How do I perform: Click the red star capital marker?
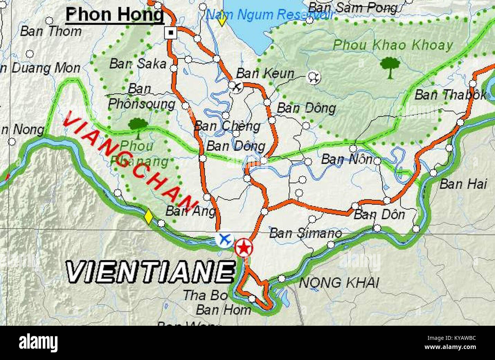(243, 248)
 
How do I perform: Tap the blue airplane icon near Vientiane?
(225, 240)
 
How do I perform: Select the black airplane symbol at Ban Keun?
(237, 87)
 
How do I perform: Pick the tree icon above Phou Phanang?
(138, 126)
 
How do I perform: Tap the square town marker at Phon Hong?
(171, 33)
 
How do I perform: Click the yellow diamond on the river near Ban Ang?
(148, 217)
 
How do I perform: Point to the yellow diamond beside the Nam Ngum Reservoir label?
(222, 20)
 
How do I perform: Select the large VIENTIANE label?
(150, 272)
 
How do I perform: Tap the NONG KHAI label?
(339, 283)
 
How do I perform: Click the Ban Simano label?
(305, 233)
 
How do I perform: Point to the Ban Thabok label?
(450, 94)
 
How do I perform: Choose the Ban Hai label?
(463, 184)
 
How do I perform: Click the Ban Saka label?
(138, 64)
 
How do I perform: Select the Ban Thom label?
(51, 31)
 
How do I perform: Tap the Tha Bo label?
(200, 295)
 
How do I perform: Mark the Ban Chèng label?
(227, 126)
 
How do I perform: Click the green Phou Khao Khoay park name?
(393, 45)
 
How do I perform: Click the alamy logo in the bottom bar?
(38, 342)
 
